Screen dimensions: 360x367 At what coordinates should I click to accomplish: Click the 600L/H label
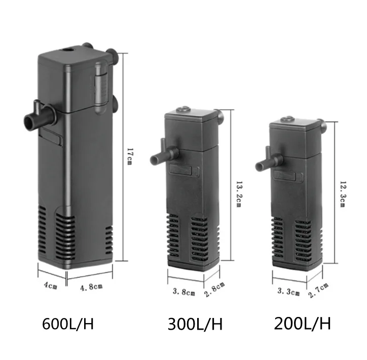(68, 322)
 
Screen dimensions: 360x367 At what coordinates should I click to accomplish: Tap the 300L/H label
(195, 324)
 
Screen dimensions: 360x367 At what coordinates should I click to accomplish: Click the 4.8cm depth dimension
(91, 287)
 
